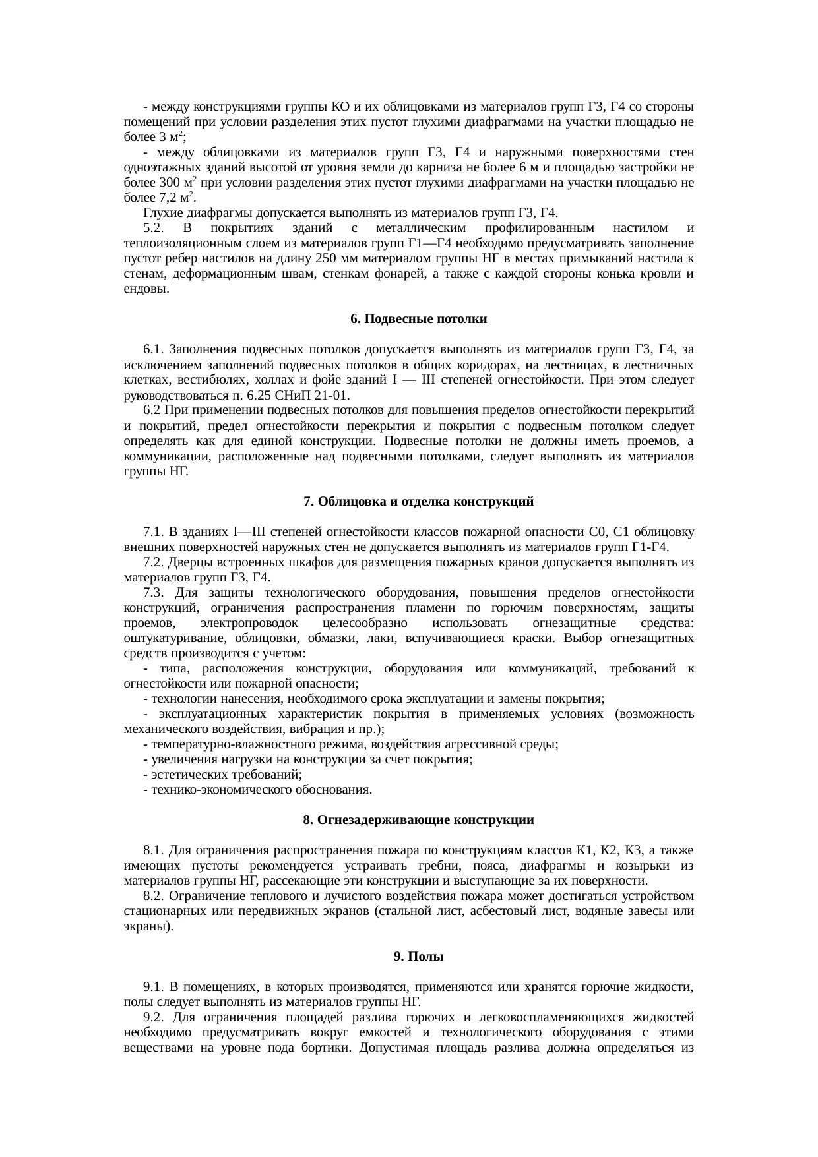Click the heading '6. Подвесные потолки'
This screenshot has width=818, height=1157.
tap(418, 319)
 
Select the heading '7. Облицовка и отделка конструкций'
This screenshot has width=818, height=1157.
tap(418, 502)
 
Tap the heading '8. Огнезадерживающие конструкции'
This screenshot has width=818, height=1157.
tap(418, 820)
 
